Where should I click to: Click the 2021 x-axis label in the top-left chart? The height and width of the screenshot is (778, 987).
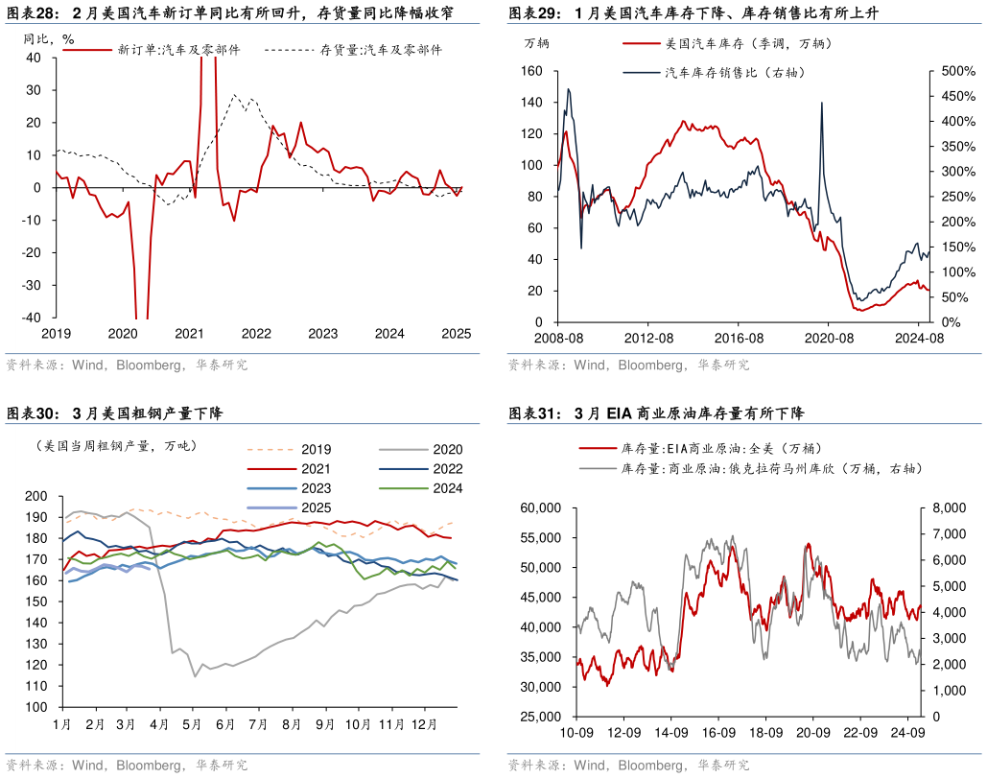coord(189,334)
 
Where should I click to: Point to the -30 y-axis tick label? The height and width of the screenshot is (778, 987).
coord(33,286)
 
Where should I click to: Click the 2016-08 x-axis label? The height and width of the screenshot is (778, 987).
coord(738,339)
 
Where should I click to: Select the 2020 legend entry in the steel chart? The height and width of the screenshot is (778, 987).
coord(447,449)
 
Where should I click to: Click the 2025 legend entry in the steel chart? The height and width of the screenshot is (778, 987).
coord(316,507)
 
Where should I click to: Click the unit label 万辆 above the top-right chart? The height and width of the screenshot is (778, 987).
coord(537,44)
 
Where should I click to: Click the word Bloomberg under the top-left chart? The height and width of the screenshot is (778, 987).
coord(154,365)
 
